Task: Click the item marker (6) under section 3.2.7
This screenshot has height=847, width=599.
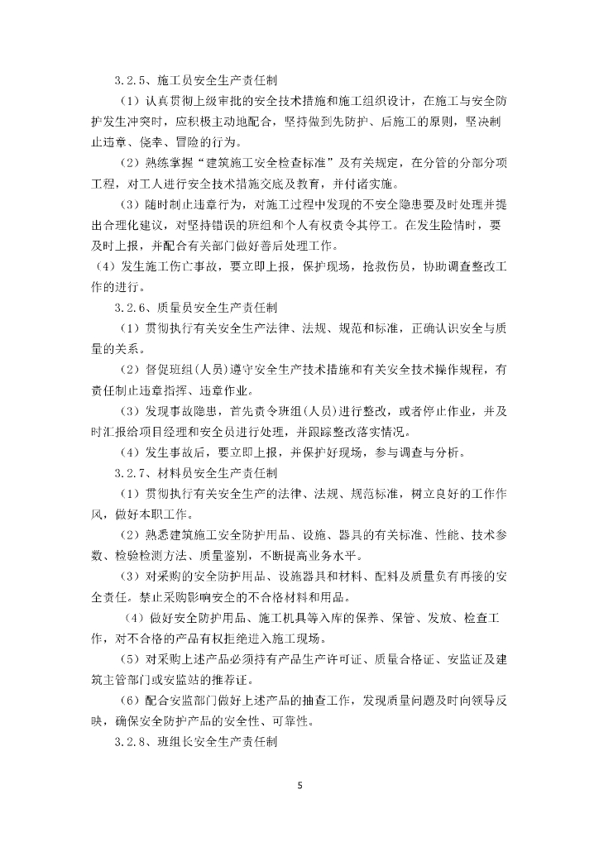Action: (130, 701)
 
